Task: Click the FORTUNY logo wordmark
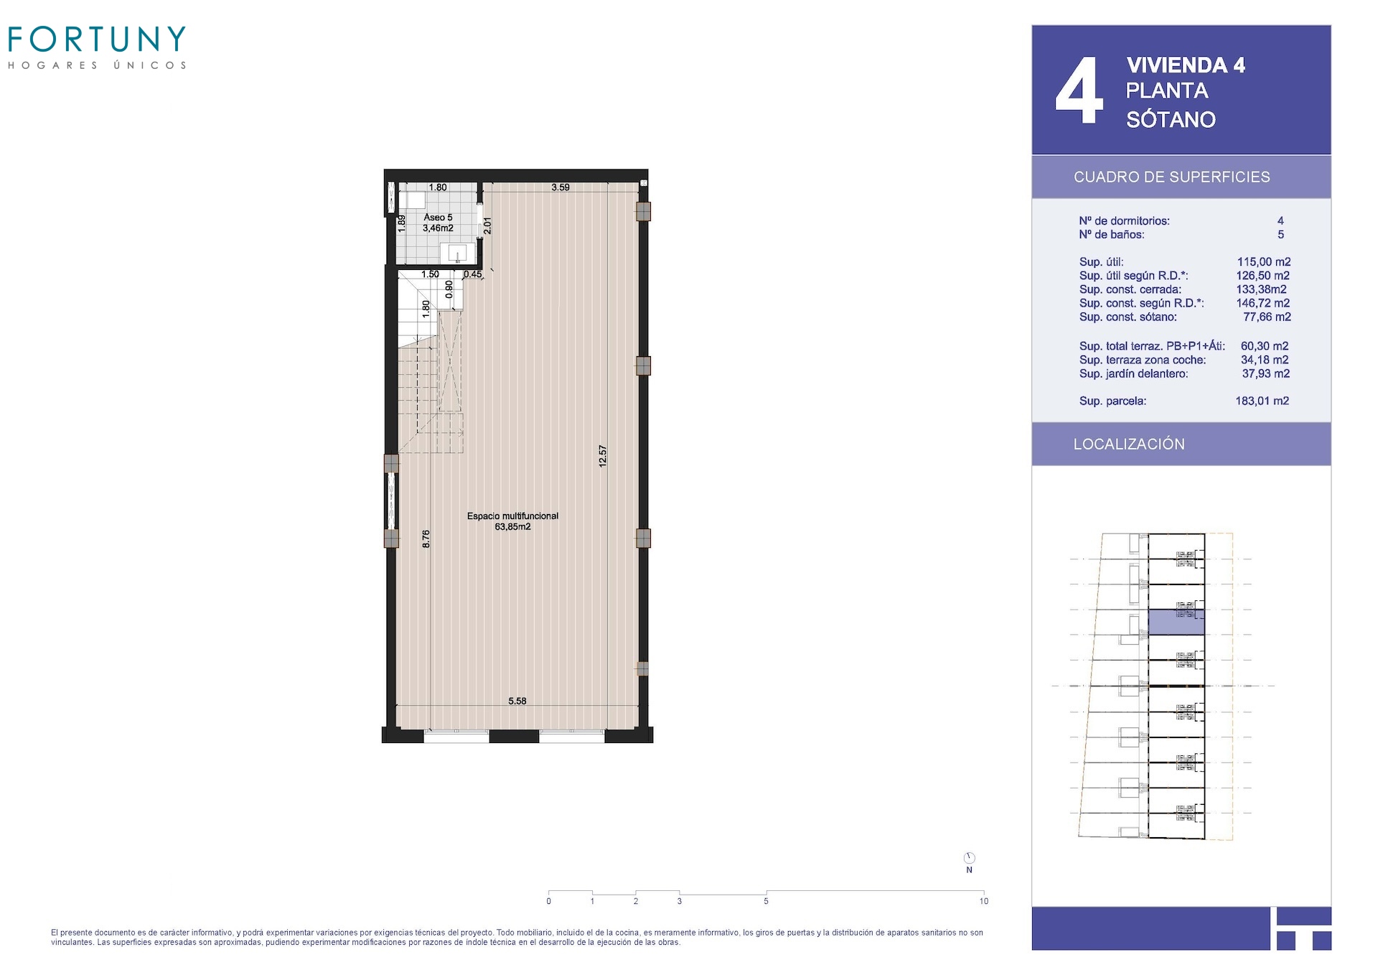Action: click(97, 39)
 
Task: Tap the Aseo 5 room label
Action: click(438, 217)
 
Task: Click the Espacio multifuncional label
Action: click(512, 516)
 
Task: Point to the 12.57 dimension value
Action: click(603, 456)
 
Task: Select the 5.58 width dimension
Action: click(517, 701)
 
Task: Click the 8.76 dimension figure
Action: click(426, 538)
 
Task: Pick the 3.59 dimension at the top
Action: click(561, 187)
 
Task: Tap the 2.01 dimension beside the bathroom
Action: click(487, 225)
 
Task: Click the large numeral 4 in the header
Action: click(1079, 91)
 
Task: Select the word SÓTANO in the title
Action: click(1171, 119)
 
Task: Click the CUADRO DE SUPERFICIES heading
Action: click(1171, 177)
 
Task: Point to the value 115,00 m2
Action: click(1264, 262)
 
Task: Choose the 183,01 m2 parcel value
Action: click(1262, 401)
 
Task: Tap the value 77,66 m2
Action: click(1267, 317)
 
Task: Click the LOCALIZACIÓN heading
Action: click(1129, 444)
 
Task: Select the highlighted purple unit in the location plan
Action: click(1176, 622)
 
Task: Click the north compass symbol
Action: click(969, 858)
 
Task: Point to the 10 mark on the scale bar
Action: click(983, 901)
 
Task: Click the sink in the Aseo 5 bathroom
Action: click(457, 253)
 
